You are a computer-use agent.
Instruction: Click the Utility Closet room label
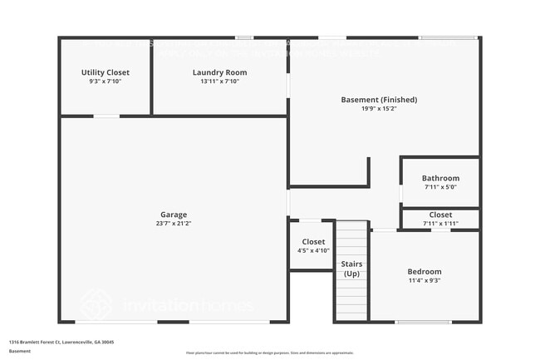point(105,72)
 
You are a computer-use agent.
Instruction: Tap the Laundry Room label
point(219,72)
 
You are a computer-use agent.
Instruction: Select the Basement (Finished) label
point(379,100)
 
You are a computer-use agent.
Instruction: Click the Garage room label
point(174,215)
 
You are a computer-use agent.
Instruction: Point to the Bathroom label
point(439,178)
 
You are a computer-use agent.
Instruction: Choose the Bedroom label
point(424,272)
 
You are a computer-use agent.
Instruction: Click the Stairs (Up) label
point(352,269)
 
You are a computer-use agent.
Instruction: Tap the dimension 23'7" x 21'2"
point(174,224)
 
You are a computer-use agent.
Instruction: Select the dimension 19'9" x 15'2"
point(379,109)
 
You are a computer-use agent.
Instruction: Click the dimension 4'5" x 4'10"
point(313,251)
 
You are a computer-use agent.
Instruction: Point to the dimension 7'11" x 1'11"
point(440,224)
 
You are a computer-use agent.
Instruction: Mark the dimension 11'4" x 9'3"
point(424,281)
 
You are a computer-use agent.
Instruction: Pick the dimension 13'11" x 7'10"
point(219,81)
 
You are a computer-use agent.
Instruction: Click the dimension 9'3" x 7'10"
point(105,81)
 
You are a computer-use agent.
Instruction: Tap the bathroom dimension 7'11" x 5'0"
point(439,187)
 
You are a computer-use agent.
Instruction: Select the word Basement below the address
point(20,351)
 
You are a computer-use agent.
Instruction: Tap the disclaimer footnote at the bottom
point(269,353)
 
